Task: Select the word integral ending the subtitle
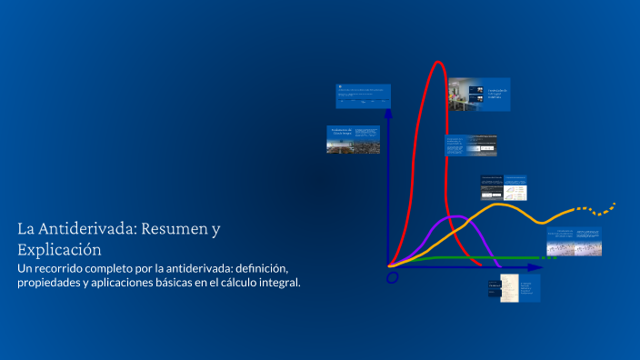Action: click(278, 283)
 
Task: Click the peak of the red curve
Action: click(438, 62)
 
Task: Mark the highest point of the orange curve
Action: click(501, 205)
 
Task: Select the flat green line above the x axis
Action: click(455, 258)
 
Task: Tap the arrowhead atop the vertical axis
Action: click(389, 114)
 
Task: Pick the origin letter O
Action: click(393, 277)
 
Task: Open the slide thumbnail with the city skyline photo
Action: click(354, 139)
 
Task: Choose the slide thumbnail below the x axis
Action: click(514, 288)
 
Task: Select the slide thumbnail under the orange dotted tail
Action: click(574, 242)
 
